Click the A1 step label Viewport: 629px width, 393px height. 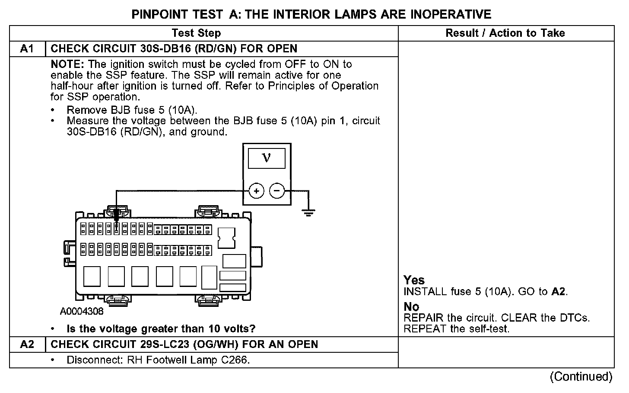(x=27, y=49)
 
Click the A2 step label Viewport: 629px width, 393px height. (x=27, y=345)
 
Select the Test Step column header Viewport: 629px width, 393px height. (x=196, y=33)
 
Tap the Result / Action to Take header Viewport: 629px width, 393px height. (x=505, y=33)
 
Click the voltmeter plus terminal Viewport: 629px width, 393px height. (x=256, y=190)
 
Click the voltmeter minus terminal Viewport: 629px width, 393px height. (x=277, y=190)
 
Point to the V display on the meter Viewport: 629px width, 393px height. (x=267, y=158)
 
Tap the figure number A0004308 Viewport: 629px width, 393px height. (x=82, y=311)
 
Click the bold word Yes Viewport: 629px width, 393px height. (x=414, y=280)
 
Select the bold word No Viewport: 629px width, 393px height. (x=411, y=306)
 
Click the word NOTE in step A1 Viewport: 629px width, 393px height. (x=67, y=64)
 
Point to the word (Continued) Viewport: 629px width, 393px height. (x=581, y=377)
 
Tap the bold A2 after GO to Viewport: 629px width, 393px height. (x=558, y=292)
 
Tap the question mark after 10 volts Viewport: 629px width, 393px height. (x=253, y=329)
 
